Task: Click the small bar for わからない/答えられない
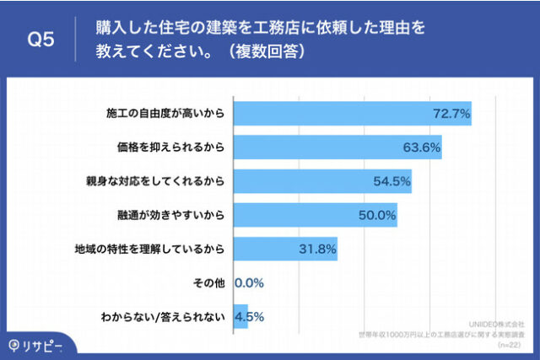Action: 240,316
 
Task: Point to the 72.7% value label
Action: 451,113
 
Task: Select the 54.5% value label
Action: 391,180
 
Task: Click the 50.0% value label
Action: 377,214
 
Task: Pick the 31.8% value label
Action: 318,248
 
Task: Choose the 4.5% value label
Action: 250,316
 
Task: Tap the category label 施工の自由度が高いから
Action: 166,113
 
